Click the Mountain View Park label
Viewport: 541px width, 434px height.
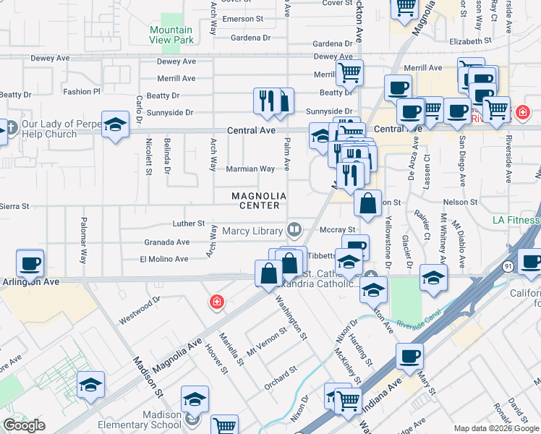[171, 35]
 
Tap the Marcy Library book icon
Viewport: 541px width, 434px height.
[294, 231]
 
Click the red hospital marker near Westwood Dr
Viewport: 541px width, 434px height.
[216, 302]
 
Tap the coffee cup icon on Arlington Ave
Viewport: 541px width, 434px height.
[30, 263]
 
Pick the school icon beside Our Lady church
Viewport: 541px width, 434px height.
[115, 125]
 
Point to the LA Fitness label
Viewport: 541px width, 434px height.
[516, 220]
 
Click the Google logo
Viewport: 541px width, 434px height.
[24, 425]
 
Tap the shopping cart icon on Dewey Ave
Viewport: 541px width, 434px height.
[349, 72]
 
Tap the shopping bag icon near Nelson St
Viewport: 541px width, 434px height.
[367, 204]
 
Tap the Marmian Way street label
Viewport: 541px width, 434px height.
[251, 169]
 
